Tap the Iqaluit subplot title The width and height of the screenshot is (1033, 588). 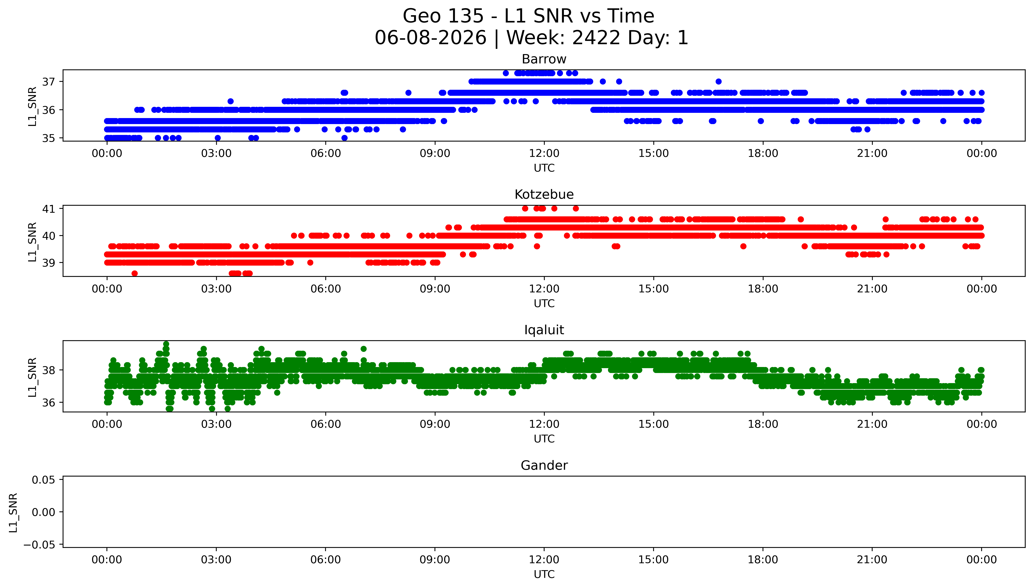pos(544,330)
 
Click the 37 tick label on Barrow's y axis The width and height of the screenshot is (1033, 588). pos(48,82)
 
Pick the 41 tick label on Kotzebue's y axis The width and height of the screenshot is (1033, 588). pos(48,209)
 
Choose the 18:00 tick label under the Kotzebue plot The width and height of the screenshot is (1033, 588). pos(763,289)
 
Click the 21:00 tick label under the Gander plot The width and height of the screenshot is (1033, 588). pos(872,560)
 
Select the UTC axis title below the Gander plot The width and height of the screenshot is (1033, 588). pos(544,574)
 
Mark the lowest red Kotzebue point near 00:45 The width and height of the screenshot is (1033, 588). pos(134,273)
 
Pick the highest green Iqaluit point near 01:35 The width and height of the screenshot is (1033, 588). pos(166,344)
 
